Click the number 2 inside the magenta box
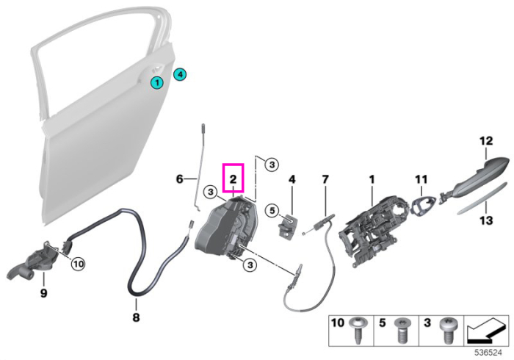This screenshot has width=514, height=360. [233, 179]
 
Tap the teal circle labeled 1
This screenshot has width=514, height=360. [157, 82]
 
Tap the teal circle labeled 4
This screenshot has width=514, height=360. [180, 74]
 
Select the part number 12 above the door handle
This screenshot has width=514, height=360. [486, 141]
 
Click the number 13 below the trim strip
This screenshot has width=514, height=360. [486, 220]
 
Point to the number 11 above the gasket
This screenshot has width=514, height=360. [421, 179]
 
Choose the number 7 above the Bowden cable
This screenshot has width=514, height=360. [325, 179]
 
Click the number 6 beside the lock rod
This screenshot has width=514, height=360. [180, 179]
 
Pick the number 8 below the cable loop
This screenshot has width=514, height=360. [136, 317]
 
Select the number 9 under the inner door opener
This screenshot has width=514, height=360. [43, 293]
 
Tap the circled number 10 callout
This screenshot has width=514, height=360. [78, 264]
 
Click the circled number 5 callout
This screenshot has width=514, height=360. [272, 210]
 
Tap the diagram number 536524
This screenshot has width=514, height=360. [488, 353]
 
